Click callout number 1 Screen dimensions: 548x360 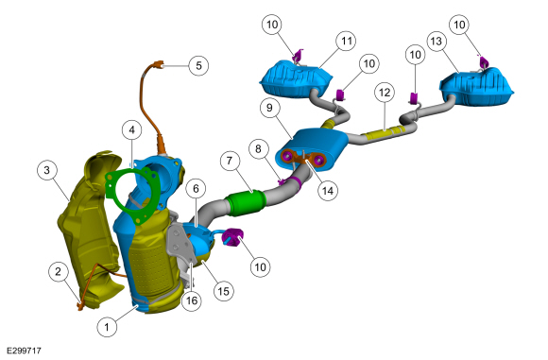(x=107, y=327)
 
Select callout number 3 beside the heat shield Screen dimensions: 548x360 (x=47, y=170)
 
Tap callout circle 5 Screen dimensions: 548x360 (x=198, y=65)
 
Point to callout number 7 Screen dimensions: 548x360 (x=230, y=161)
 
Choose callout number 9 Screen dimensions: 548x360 (x=269, y=108)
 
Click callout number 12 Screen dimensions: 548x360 (x=385, y=93)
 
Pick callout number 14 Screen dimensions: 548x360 (x=328, y=191)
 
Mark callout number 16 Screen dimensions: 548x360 (x=192, y=300)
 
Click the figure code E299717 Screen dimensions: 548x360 (x=24, y=351)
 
